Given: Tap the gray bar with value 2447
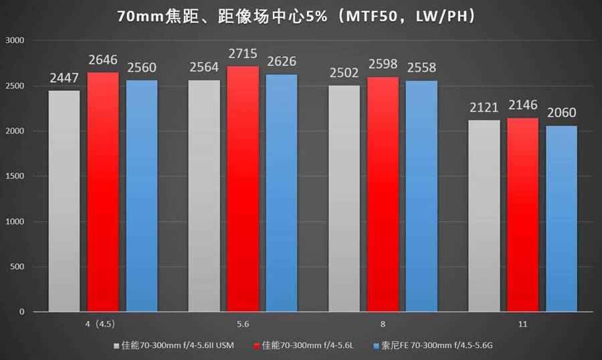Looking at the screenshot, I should pyautogui.click(x=64, y=201).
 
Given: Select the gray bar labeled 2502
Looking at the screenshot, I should pyautogui.click(x=344, y=198).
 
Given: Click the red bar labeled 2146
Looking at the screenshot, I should pyautogui.click(x=522, y=215).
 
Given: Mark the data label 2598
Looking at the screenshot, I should pyautogui.click(x=383, y=66).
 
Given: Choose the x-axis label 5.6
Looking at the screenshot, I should pyautogui.click(x=243, y=324).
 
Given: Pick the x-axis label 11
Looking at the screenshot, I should pyautogui.click(x=522, y=324).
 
